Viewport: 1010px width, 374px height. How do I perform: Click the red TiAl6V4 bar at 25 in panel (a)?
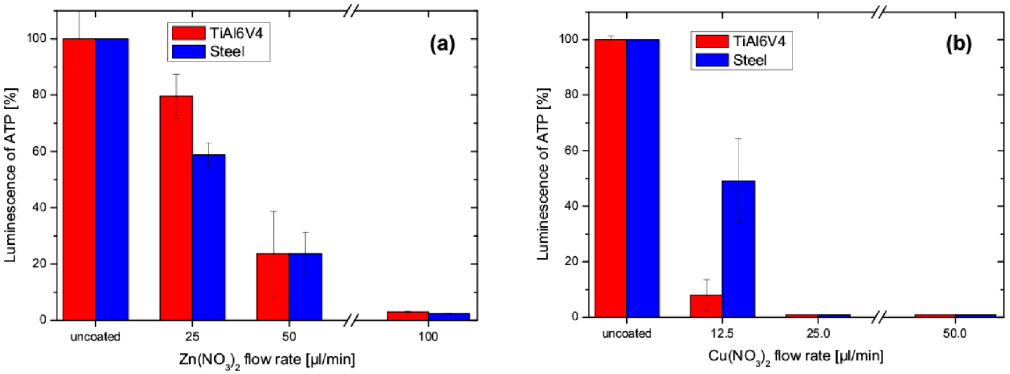tap(176, 208)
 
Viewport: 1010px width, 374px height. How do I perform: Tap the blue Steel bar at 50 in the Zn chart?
tap(305, 286)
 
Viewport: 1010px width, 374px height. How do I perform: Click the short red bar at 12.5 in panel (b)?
tap(706, 306)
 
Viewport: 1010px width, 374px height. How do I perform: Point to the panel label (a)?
tap(442, 44)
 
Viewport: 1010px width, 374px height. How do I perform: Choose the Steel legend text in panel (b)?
tap(750, 60)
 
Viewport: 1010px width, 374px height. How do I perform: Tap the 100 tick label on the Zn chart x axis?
tap(428, 337)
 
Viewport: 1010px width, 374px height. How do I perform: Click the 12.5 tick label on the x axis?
tap(722, 333)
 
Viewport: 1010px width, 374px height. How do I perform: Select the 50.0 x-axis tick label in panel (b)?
tap(955, 333)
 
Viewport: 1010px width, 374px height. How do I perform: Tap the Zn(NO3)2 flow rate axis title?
tap(267, 360)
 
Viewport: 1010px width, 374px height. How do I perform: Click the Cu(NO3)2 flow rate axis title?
tap(796, 357)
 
